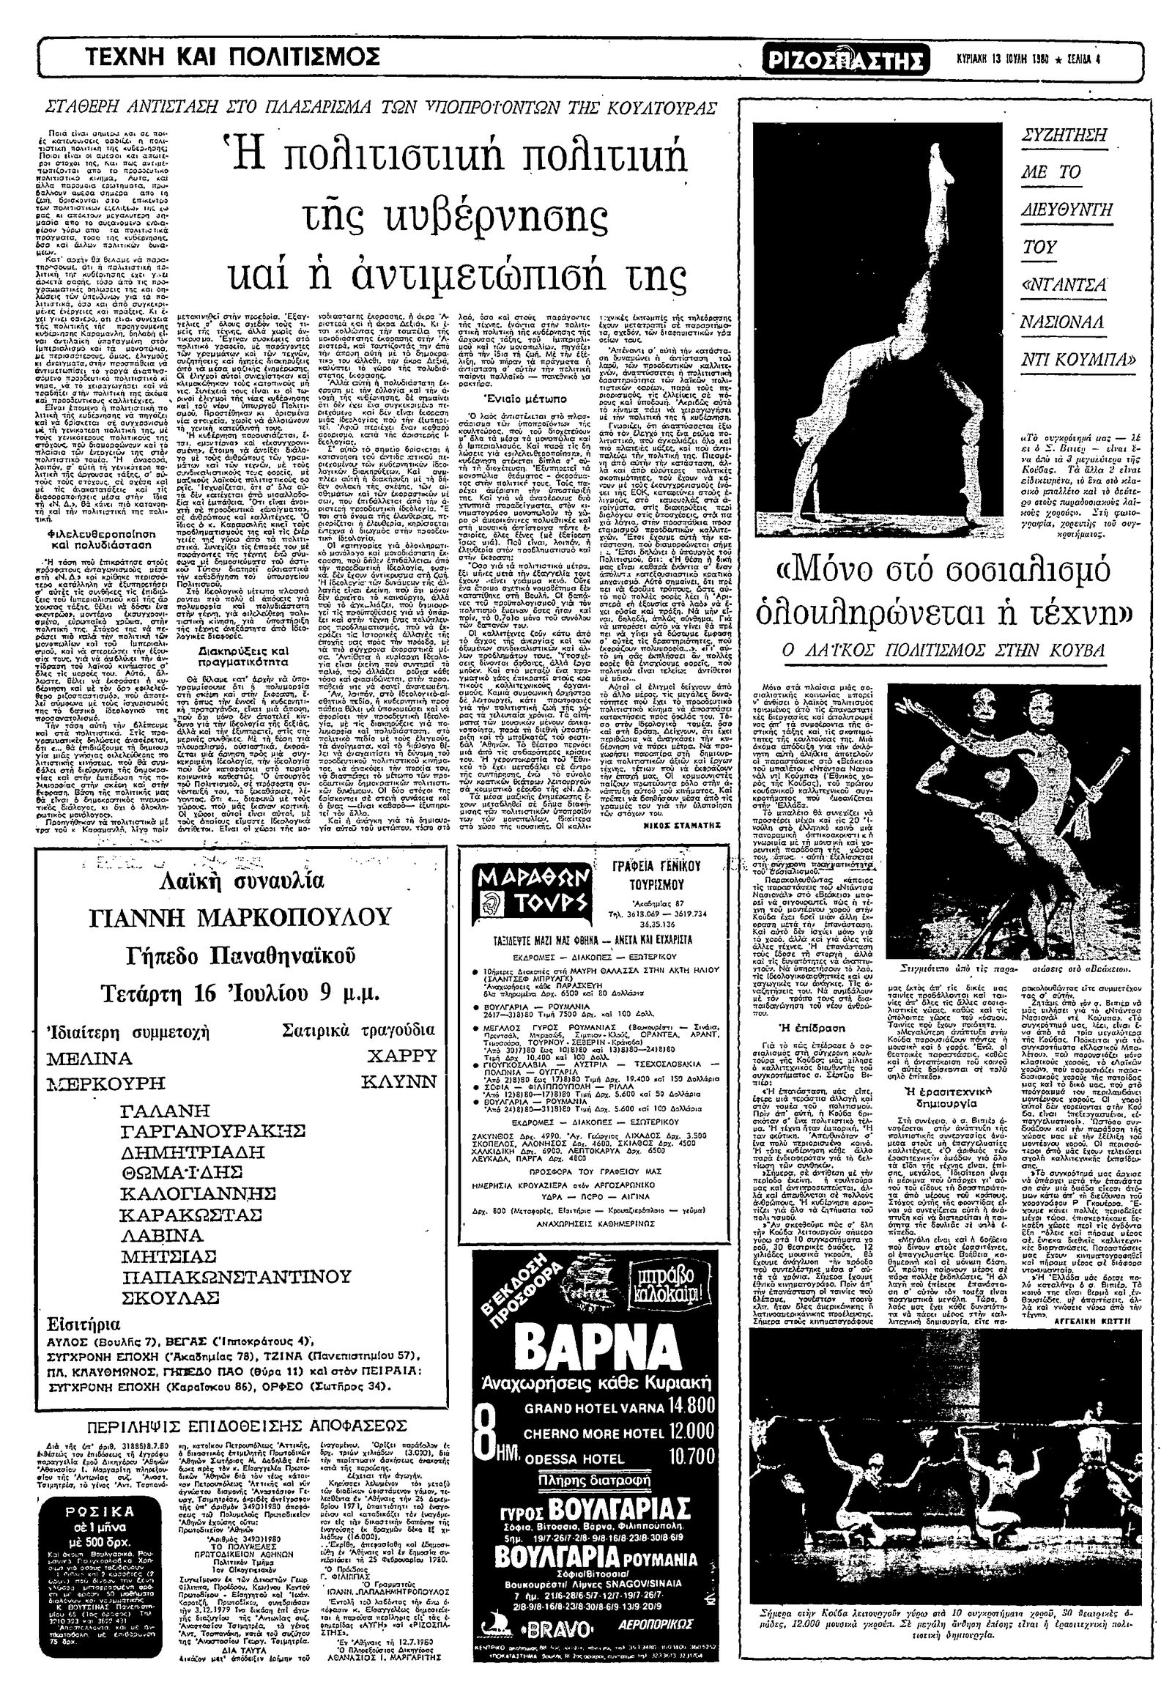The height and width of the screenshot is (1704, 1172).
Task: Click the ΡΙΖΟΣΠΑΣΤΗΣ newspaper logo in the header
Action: pos(843,58)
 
